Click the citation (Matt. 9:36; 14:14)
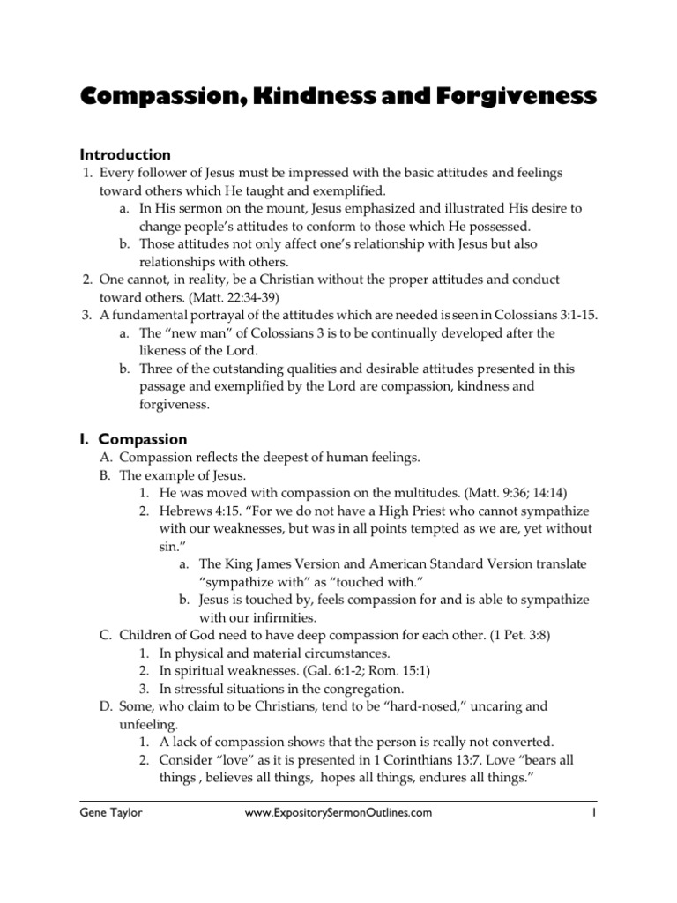tap(504, 493)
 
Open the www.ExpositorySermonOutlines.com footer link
tap(338, 814)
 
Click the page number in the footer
tap(596, 814)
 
